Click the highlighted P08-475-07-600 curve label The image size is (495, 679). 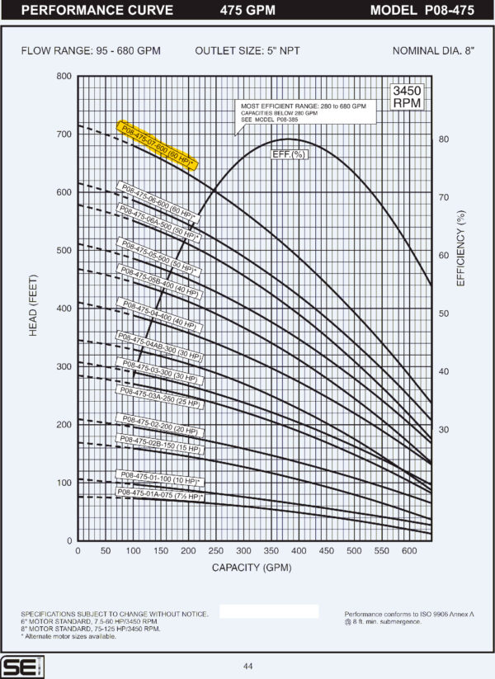click(x=157, y=146)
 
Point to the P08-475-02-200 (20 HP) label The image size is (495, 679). click(x=160, y=424)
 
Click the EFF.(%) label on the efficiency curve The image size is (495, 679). click(x=289, y=154)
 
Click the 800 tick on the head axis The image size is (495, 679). click(x=64, y=77)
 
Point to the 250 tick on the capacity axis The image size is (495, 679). click(x=216, y=551)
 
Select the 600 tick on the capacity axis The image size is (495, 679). click(x=410, y=551)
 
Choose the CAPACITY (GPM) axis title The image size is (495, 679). click(x=251, y=568)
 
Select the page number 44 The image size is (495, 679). click(x=247, y=667)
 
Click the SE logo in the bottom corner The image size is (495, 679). click(x=17, y=665)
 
